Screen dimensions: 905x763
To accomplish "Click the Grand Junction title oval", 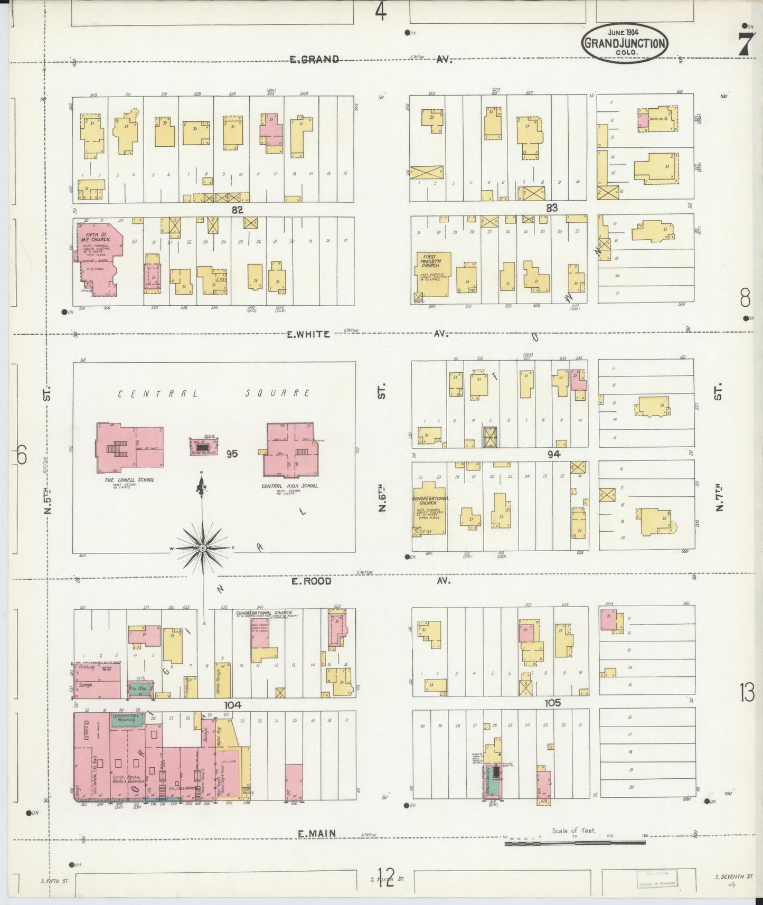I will click(625, 43).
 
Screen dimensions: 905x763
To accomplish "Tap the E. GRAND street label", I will click(314, 59).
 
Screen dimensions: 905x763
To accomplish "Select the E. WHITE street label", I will click(309, 334).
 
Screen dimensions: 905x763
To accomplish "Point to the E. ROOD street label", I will click(312, 581).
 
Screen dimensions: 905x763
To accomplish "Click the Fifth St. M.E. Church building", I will click(98, 259).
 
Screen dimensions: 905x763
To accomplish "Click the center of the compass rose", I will click(202, 549).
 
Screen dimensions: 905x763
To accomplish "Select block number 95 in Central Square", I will click(232, 454).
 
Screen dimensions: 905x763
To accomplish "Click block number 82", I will click(237, 210).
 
